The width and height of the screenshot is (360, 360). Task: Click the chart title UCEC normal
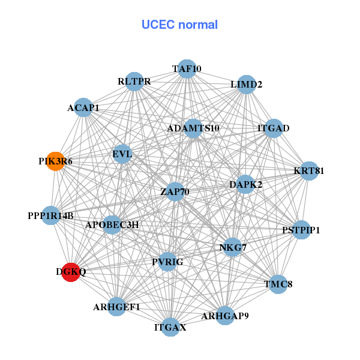pos(179,25)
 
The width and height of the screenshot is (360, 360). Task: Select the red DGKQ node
pos(71,272)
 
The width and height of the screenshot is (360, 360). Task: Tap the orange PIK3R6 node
pos(55,161)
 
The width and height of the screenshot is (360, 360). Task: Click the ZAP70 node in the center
pos(175,192)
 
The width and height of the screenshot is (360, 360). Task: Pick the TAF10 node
pos(187,68)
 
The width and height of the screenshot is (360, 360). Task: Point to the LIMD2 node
pos(246,85)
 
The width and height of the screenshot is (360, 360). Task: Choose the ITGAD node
pos(274,128)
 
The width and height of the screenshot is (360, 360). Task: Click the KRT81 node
pos(309,171)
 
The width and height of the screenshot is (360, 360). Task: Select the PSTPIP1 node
pos(301,230)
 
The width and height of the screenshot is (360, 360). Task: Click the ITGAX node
pos(170,327)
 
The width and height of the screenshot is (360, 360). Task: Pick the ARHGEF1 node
pos(116,307)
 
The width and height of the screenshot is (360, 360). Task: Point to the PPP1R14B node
pos(50,215)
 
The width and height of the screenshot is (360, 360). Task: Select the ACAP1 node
pos(83,108)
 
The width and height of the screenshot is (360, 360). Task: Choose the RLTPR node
pos(134,81)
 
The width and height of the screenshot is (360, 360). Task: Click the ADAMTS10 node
pos(193,128)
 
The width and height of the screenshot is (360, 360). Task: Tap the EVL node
pos(122,154)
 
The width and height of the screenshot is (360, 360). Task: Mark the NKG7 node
pos(232,247)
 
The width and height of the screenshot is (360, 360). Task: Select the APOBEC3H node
pos(112,225)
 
